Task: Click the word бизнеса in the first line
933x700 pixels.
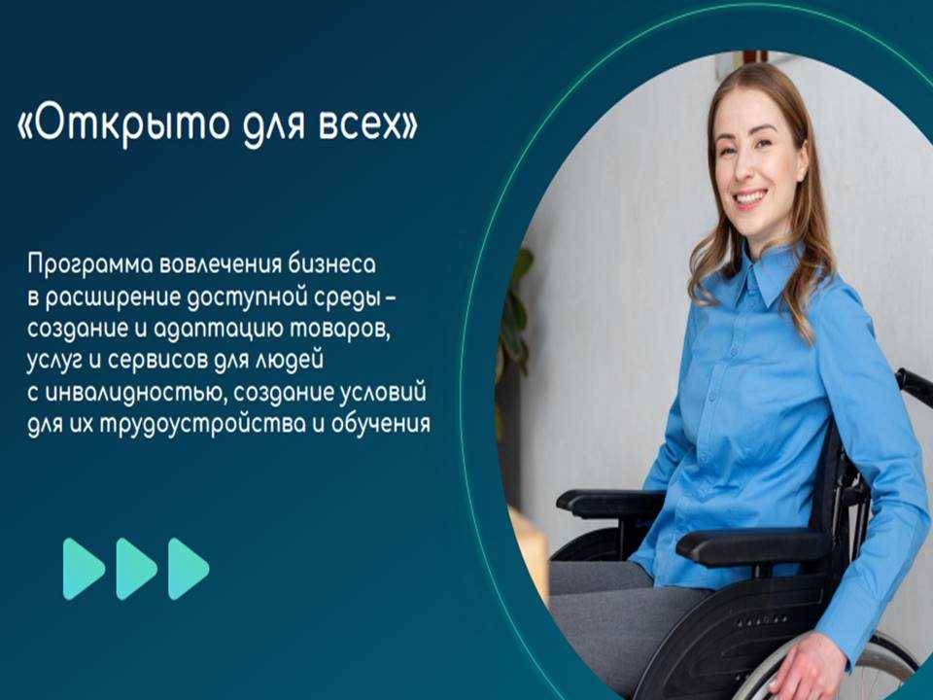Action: [332, 263]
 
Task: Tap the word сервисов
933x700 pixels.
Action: [155, 362]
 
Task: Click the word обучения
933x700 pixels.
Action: [380, 426]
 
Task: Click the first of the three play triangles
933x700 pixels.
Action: [83, 569]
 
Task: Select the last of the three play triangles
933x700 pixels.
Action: [188, 569]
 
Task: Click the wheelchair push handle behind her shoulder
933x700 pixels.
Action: [914, 387]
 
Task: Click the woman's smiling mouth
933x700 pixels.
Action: [751, 197]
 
